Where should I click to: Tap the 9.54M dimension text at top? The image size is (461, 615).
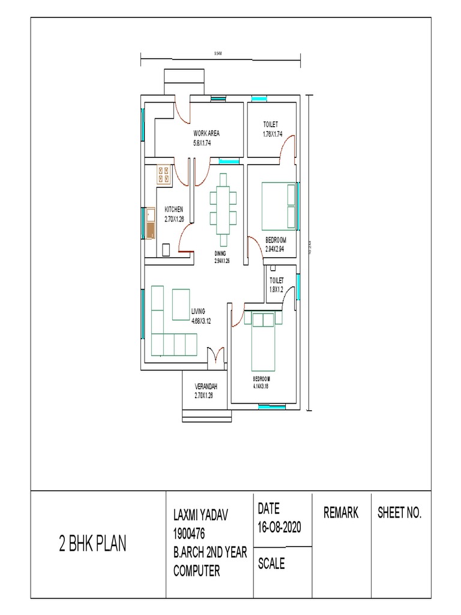pyautogui.click(x=218, y=54)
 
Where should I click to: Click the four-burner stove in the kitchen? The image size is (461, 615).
pyautogui.click(x=164, y=175)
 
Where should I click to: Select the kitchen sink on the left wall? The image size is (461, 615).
pyautogui.click(x=150, y=224)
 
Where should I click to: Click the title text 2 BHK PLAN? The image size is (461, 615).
pyautogui.click(x=92, y=544)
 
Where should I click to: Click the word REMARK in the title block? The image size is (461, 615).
pyautogui.click(x=341, y=512)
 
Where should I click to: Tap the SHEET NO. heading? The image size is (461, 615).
pyautogui.click(x=399, y=512)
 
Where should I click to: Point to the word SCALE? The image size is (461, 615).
pyautogui.click(x=271, y=564)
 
